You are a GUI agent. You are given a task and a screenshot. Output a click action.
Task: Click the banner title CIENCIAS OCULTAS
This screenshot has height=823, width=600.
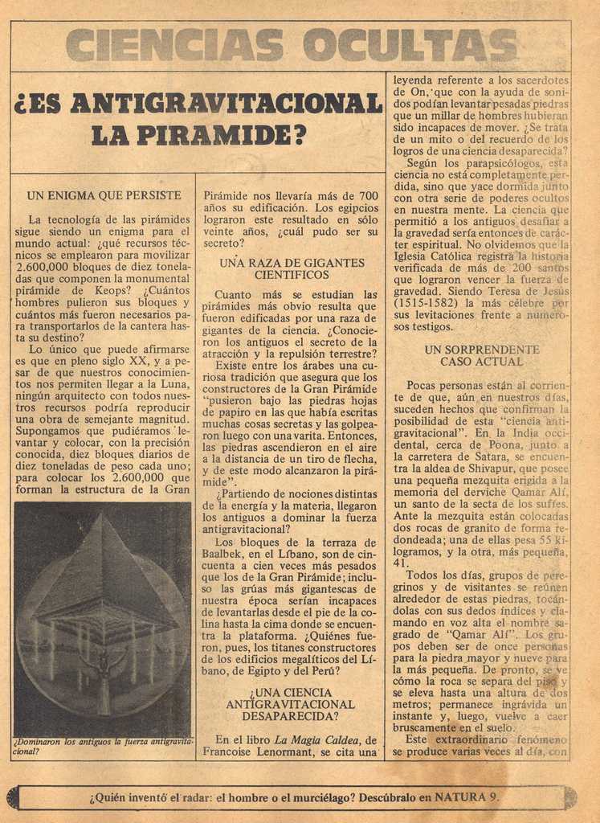[x=291, y=45]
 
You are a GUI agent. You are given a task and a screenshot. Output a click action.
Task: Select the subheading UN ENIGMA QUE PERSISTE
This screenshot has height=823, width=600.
[x=104, y=195]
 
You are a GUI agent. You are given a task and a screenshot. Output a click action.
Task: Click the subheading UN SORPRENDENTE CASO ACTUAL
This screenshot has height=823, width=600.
[x=481, y=355]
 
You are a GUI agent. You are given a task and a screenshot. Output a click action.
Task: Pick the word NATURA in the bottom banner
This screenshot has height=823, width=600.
[x=461, y=797]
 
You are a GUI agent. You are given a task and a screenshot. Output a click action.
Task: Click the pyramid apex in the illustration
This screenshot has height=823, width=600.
[x=104, y=517]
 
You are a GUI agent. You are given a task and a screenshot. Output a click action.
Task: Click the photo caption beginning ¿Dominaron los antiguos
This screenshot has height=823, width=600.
[x=104, y=746]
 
